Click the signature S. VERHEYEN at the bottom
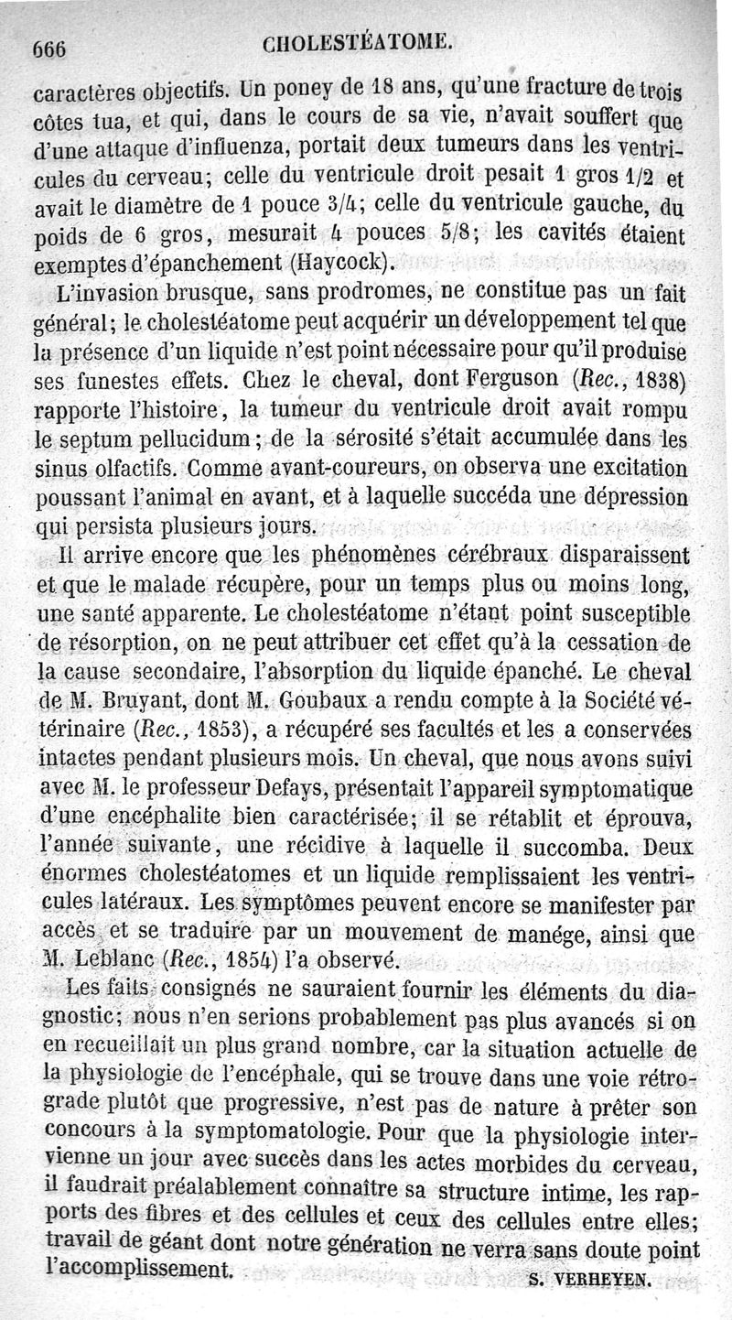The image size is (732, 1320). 589,1282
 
